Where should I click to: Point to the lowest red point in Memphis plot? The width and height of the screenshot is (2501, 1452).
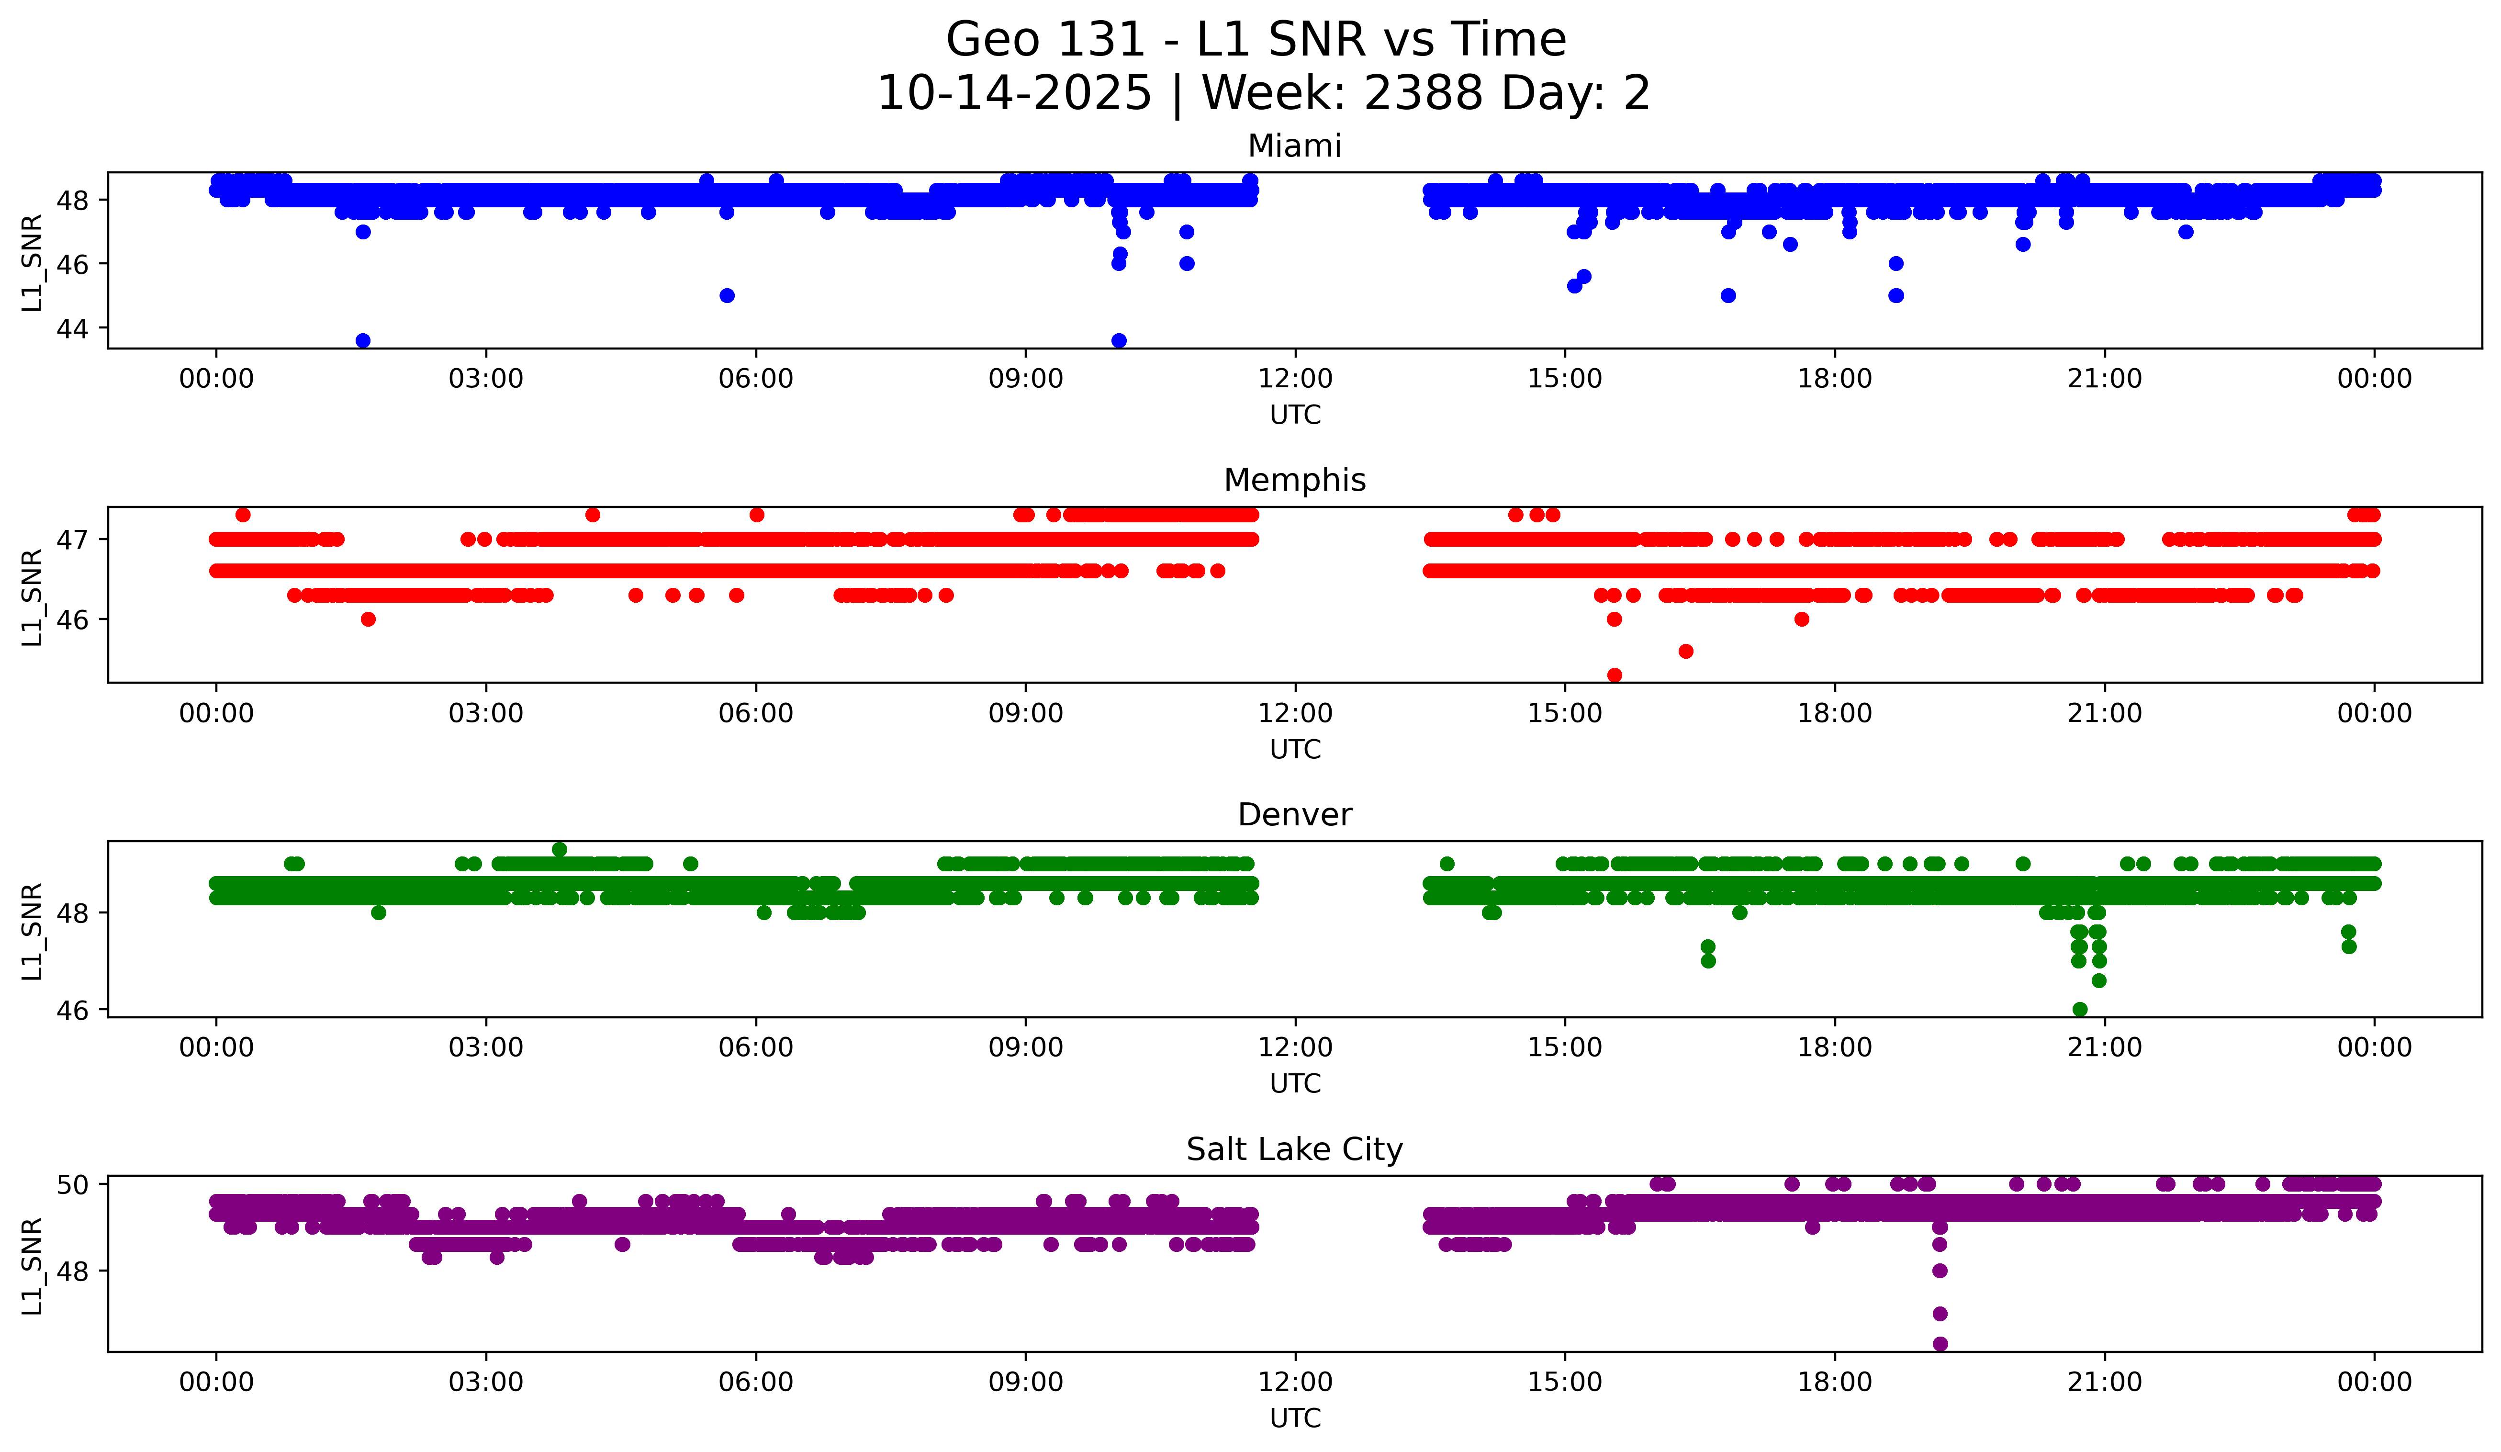click(1615, 675)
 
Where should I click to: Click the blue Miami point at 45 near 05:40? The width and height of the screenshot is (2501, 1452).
click(727, 296)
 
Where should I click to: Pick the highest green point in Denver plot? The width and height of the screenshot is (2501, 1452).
click(560, 850)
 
